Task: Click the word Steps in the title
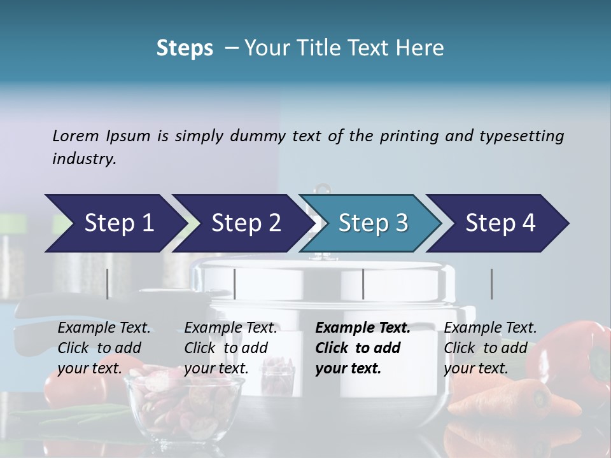point(185,48)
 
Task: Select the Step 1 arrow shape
point(115,223)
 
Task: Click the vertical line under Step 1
point(108,284)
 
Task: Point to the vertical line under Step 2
point(235,284)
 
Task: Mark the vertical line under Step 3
point(363,284)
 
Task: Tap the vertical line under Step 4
point(491,284)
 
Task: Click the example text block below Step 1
point(104,348)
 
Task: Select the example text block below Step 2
point(230,348)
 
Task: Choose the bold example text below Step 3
point(363,348)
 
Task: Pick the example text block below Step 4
point(490,348)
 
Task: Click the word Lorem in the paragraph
point(75,136)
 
